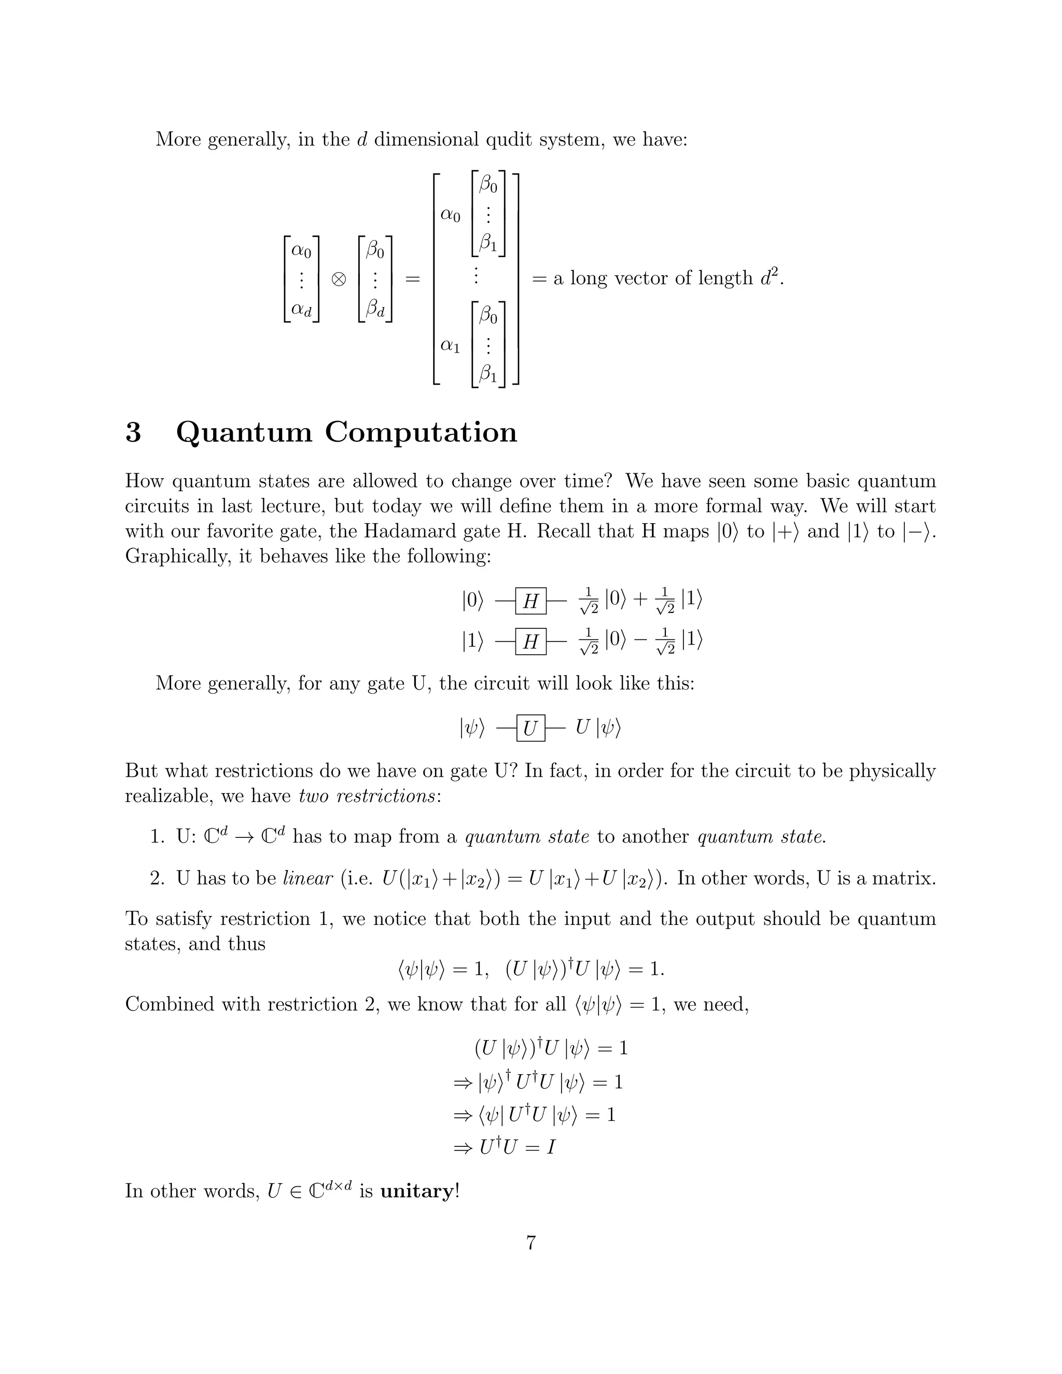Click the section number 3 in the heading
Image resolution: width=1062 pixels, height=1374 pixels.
tap(133, 433)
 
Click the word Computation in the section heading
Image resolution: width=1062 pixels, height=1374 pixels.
tap(421, 433)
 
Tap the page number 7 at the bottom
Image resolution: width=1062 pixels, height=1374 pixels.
tap(530, 1243)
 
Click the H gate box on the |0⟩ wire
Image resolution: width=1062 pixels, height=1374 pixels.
tap(530, 601)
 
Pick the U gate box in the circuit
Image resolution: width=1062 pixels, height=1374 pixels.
tap(530, 728)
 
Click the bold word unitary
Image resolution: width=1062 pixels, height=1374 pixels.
tap(416, 1191)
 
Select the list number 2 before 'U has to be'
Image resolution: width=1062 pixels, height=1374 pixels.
tap(157, 878)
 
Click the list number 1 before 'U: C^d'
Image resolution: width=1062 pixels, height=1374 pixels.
tap(157, 837)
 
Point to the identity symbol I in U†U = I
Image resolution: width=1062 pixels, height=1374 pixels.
tap(551, 1148)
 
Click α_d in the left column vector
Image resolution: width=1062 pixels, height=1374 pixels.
tap(301, 309)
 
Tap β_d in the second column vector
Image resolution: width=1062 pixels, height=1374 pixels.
tap(375, 309)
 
